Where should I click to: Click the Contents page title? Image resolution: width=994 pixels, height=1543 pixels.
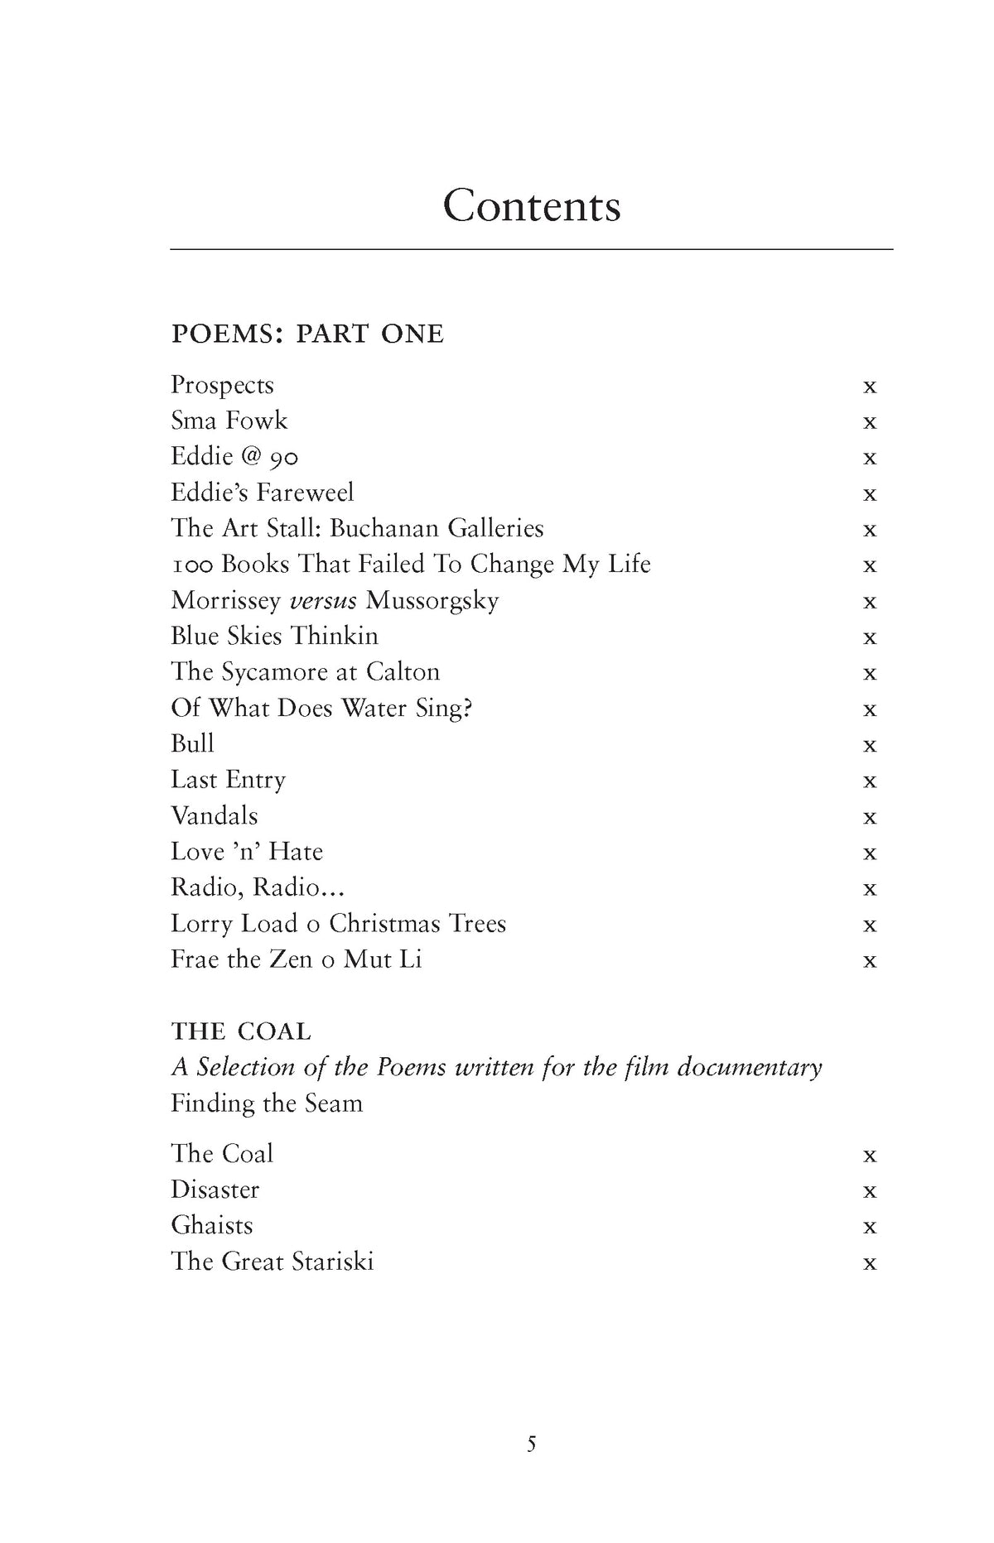pos(531,205)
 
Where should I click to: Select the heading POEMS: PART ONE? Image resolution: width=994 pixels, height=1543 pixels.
pos(307,334)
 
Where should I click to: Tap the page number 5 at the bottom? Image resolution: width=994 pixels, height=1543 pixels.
pos(531,1444)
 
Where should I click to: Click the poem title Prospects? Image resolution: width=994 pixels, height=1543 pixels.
pos(222,386)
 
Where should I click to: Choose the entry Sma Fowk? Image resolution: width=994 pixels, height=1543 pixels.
pos(229,421)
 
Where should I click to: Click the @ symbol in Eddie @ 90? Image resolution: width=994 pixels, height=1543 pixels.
pos(251,457)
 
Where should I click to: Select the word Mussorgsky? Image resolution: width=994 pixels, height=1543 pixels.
pos(432,601)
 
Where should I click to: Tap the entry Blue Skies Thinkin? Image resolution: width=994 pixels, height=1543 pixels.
pos(274,637)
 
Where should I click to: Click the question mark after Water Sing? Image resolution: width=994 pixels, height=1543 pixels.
pos(467,709)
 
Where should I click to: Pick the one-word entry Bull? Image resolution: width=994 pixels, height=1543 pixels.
pos(192,744)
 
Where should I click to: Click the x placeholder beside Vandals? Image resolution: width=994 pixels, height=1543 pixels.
pos(869,818)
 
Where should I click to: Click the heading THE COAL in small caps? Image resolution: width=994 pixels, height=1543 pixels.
pos(241,1031)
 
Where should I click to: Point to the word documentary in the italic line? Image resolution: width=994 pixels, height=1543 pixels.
pos(750,1068)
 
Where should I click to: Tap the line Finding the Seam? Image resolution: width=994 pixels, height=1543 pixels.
pos(267,1103)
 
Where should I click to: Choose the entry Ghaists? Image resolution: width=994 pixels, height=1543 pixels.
pos(212,1226)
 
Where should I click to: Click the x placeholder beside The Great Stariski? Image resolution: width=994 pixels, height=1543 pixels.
pos(869,1264)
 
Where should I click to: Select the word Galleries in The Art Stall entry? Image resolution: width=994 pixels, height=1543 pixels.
pos(495,529)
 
